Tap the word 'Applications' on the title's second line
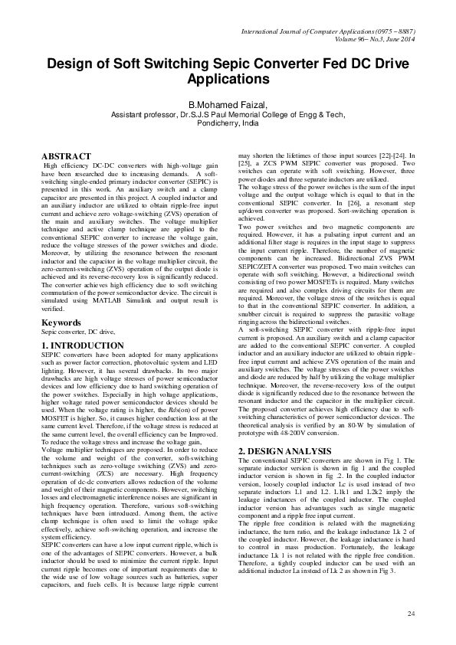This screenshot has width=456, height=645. point(228,79)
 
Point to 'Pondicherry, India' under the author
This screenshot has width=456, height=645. point(228,123)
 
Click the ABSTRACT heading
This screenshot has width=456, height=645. point(65,156)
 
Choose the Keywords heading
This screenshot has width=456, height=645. point(61,322)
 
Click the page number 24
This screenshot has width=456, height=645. point(411,614)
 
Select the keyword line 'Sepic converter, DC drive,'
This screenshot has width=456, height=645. point(77,332)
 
